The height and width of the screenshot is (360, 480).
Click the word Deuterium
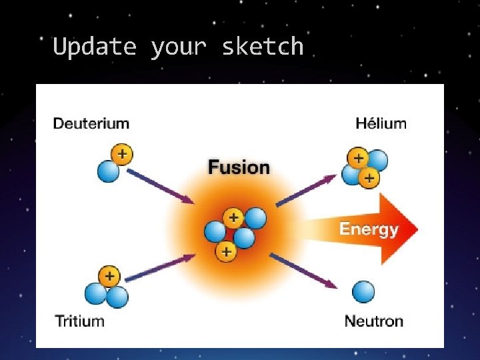click(91, 123)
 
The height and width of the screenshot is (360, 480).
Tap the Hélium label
click(381, 123)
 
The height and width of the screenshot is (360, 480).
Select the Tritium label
click(80, 321)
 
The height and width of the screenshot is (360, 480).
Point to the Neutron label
click(373, 321)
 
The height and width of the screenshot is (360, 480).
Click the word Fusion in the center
click(239, 167)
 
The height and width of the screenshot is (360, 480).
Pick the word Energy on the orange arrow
click(368, 229)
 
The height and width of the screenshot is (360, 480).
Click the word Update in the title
click(94, 47)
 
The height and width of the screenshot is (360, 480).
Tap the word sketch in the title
click(263, 47)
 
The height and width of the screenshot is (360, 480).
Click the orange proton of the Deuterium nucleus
click(122, 154)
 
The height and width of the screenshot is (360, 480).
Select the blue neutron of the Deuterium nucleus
click(108, 171)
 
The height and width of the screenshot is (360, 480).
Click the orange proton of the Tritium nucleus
click(109, 275)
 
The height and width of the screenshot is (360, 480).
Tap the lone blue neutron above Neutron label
click(363, 291)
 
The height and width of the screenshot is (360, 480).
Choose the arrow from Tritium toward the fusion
click(160, 267)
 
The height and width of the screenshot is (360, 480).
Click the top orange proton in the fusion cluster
click(233, 217)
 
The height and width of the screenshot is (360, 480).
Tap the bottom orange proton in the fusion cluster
click(227, 251)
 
